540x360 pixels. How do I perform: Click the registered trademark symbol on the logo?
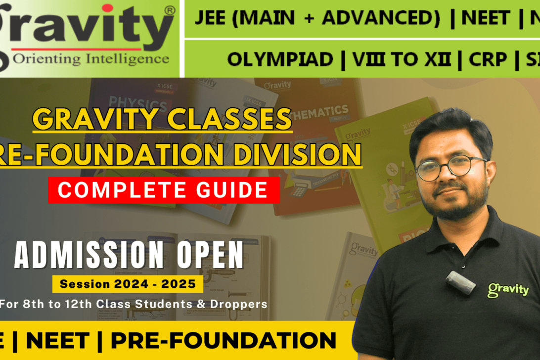point(169,10)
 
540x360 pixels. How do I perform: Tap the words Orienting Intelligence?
point(91,59)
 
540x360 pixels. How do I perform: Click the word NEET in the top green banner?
point(485,18)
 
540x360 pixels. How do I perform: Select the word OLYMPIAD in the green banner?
point(279,59)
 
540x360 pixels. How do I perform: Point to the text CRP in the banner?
point(488,59)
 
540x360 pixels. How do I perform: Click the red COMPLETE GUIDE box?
point(164,190)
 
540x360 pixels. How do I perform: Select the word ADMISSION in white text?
point(82,255)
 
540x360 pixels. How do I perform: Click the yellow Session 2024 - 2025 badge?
point(128,284)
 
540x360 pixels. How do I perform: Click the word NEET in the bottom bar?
point(57,341)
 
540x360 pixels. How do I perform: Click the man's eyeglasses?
point(450,167)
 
